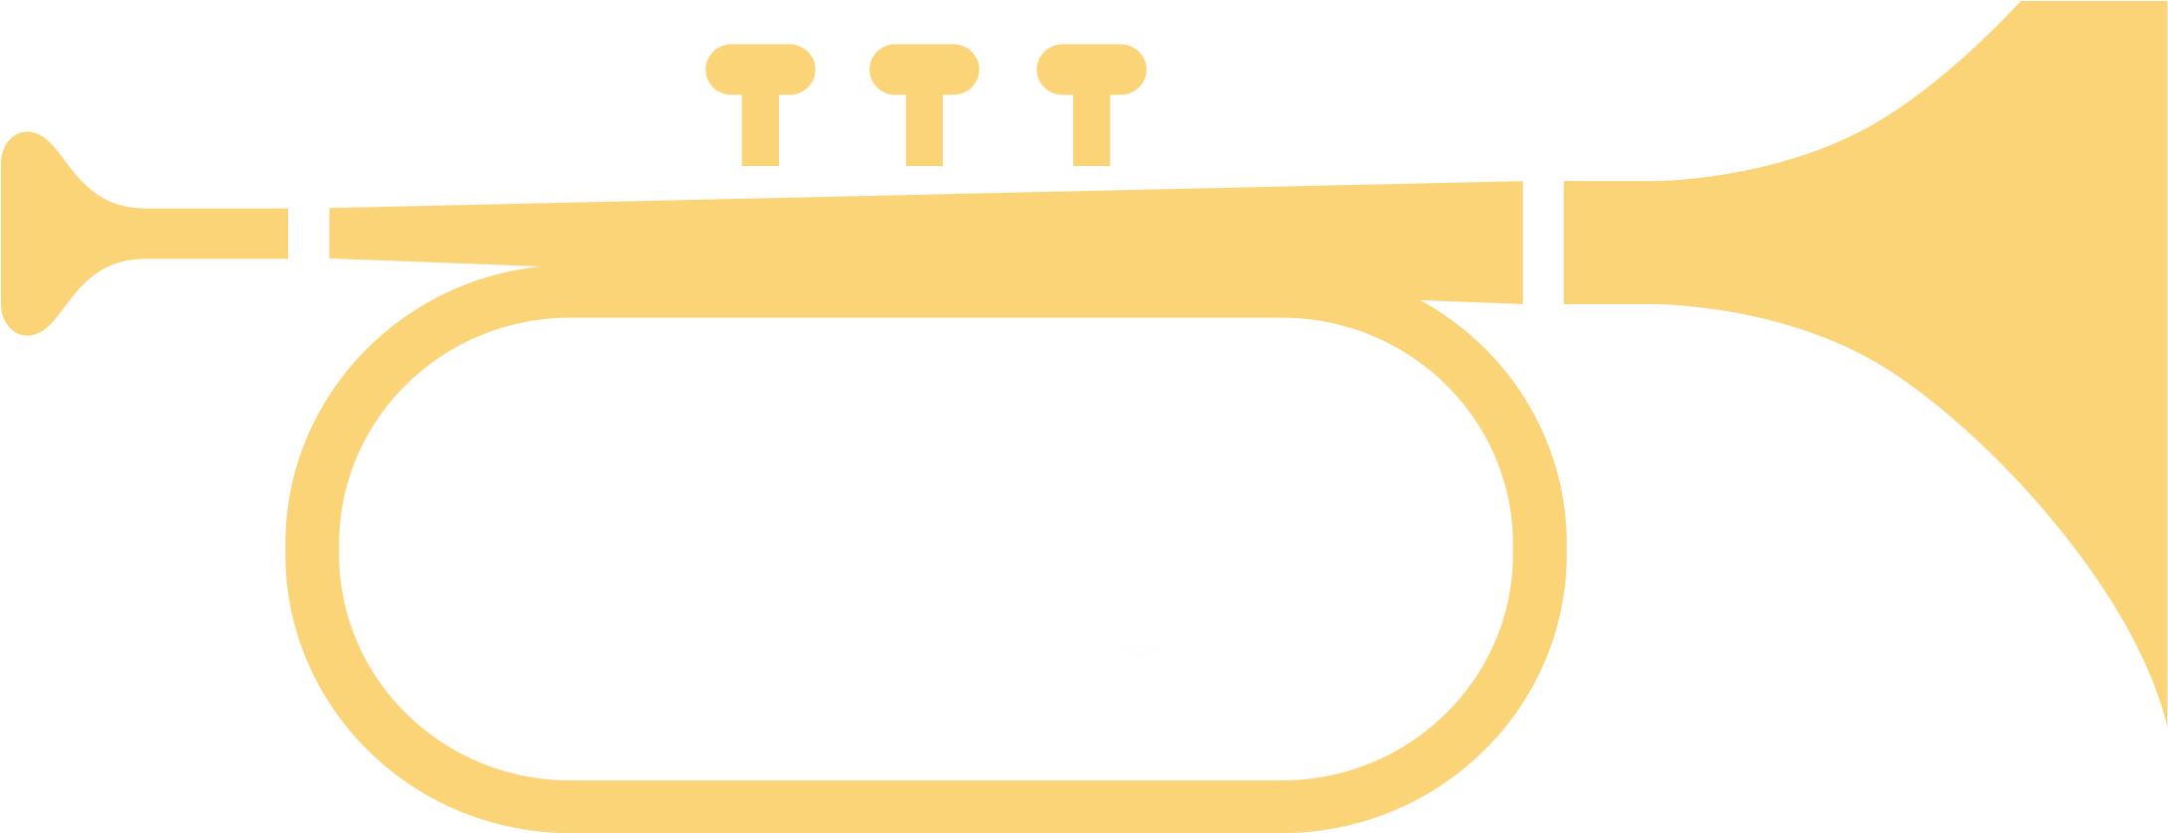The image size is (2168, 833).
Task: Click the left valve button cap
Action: [x=760, y=70]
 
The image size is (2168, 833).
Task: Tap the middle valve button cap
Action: [x=924, y=70]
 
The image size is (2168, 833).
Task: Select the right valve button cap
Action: [x=1091, y=70]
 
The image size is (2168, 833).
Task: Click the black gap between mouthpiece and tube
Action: [x=308, y=234]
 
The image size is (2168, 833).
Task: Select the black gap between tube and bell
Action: [x=1543, y=242]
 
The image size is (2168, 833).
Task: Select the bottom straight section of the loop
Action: [x=924, y=805]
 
